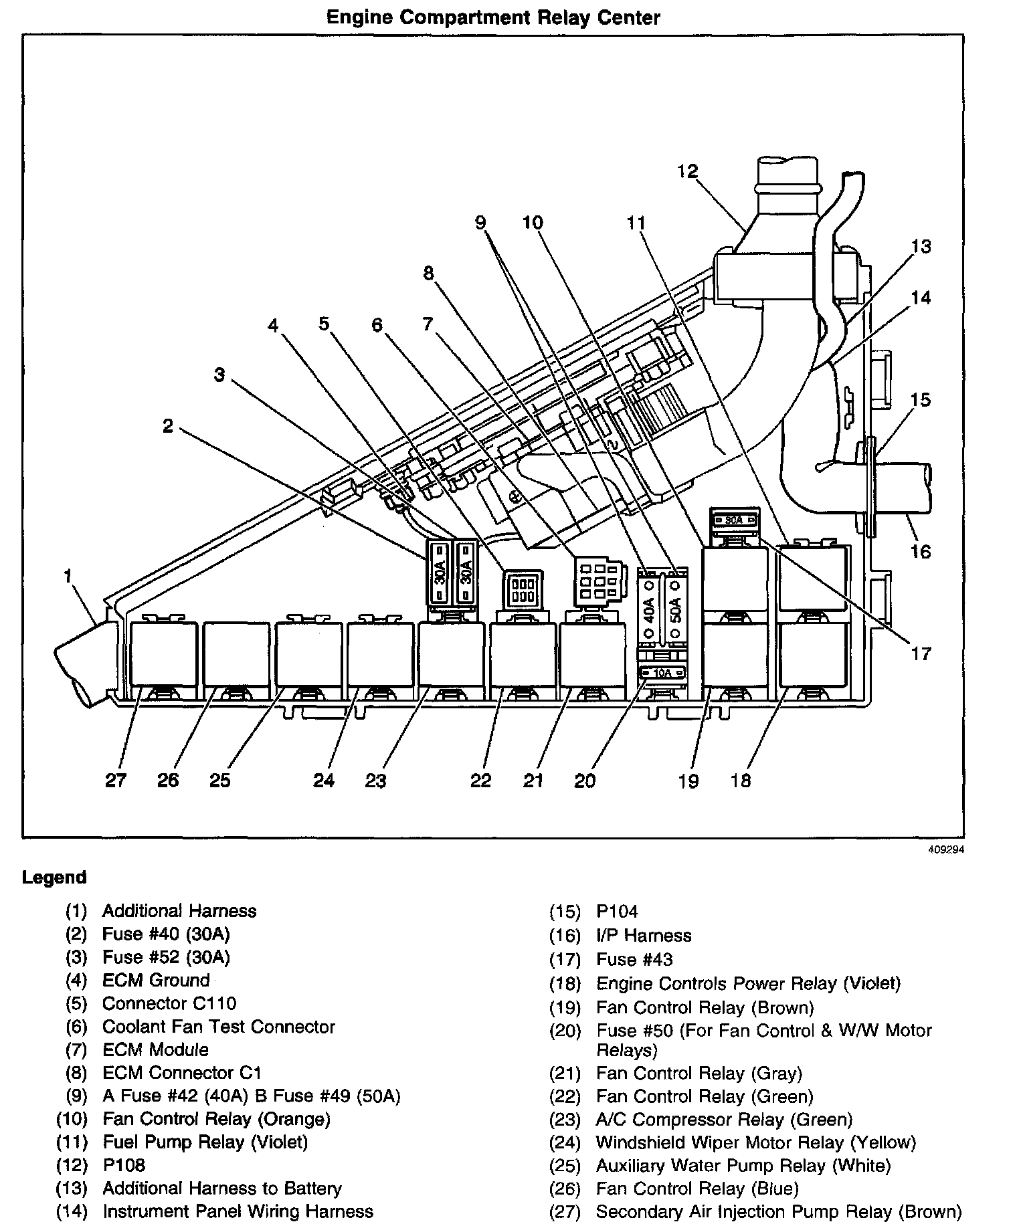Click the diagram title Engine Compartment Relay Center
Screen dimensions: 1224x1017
click(x=493, y=17)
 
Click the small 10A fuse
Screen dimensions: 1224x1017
click(x=662, y=673)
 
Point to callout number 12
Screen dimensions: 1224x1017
click(x=687, y=171)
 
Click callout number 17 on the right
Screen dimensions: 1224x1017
click(x=921, y=653)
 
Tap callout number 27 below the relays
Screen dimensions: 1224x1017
click(x=115, y=780)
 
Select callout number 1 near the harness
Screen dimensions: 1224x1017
click(x=68, y=576)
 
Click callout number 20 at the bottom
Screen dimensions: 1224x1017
click(x=585, y=780)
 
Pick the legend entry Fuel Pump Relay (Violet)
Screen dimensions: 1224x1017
click(x=205, y=1142)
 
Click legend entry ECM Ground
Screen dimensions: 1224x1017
click(x=156, y=980)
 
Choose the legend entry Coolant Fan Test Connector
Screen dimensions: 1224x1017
click(x=218, y=1027)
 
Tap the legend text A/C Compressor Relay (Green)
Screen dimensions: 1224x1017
click(x=724, y=1119)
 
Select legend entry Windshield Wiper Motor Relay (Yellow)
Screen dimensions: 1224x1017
click(x=755, y=1142)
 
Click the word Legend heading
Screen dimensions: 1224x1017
click(x=54, y=877)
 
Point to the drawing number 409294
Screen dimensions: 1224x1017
click(x=945, y=850)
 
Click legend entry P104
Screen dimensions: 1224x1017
click(x=617, y=911)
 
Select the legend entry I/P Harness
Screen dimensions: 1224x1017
click(x=644, y=935)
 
